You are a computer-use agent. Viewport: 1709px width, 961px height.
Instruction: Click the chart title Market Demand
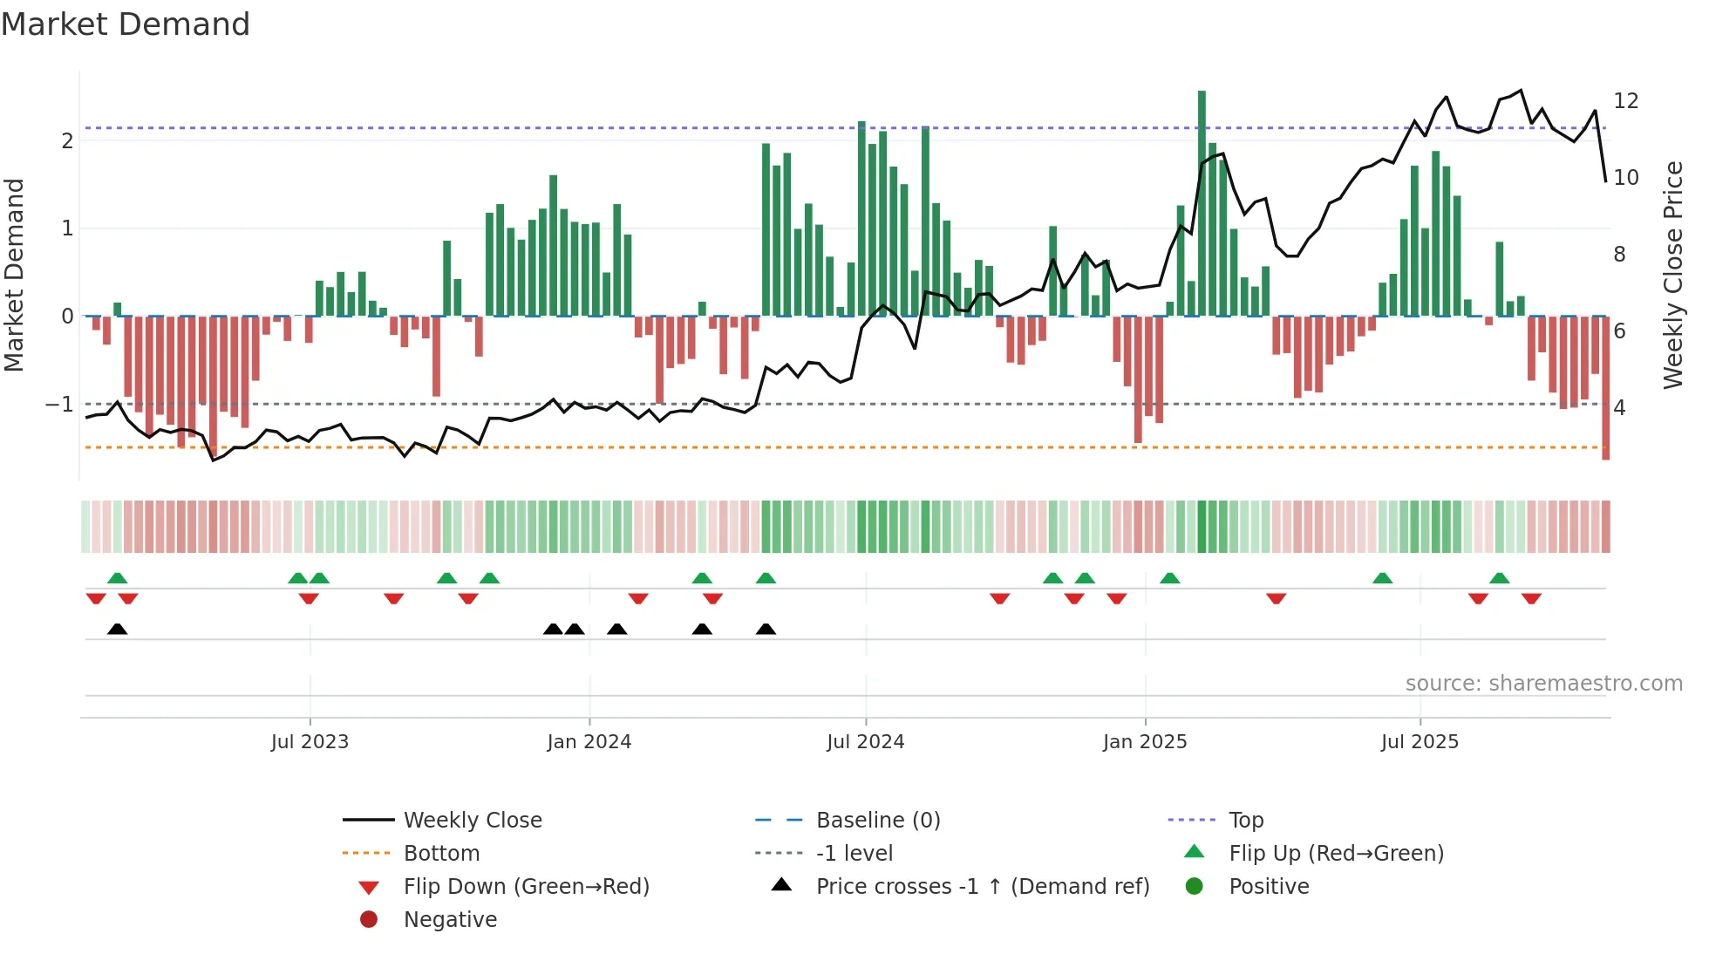126,24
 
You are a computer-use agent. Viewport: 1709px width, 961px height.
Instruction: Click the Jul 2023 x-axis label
310,742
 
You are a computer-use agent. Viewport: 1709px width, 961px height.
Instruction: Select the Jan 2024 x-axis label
589,742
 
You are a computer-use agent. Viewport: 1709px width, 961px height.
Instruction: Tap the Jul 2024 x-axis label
865,742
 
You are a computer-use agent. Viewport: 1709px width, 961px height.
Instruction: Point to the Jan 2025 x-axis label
1144,742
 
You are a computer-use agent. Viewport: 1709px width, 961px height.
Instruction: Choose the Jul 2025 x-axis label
1420,742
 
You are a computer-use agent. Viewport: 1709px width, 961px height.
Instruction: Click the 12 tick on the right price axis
1625,101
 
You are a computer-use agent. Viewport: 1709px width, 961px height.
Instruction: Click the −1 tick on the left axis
59,405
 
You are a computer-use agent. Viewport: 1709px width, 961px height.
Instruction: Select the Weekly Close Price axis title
1672,275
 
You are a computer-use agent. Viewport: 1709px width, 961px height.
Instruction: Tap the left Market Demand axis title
15,275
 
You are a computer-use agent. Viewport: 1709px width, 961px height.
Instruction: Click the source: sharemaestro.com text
1543,684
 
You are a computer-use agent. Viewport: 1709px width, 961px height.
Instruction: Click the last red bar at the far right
1605,388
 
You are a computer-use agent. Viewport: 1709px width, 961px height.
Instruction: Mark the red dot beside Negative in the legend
369,920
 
